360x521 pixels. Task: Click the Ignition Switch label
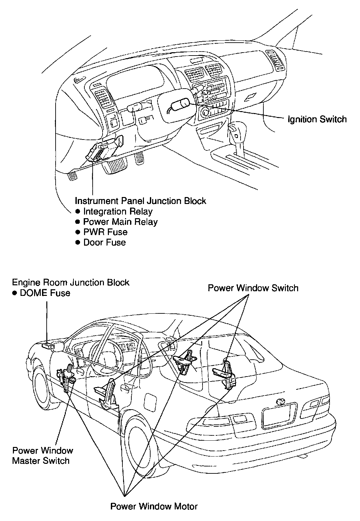pyautogui.click(x=317, y=120)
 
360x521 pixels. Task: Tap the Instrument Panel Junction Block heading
pyautogui.click(x=140, y=201)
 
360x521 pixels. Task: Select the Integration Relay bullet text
pyautogui.click(x=118, y=212)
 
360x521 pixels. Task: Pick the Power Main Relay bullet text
pyautogui.click(x=120, y=222)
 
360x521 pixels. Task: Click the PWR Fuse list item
pyautogui.click(x=106, y=232)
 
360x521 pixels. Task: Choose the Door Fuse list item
pyautogui.click(x=105, y=242)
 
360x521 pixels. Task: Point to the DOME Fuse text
pyautogui.click(x=45, y=293)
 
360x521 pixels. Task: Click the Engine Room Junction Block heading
pyautogui.click(x=70, y=282)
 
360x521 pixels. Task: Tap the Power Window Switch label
pyautogui.click(x=253, y=288)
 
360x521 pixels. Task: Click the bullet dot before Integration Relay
pyautogui.click(x=78, y=212)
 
